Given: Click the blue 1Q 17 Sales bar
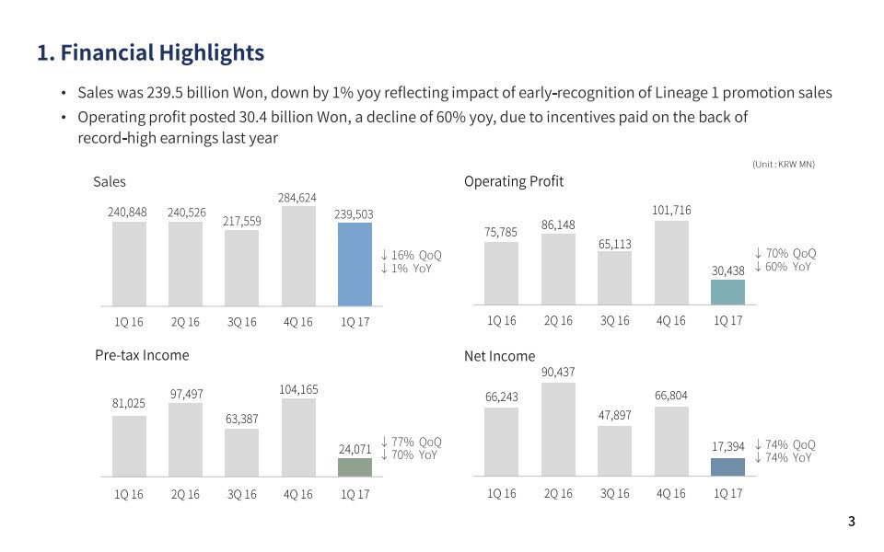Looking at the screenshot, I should tap(355, 264).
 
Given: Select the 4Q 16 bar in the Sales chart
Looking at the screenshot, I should tap(297, 256).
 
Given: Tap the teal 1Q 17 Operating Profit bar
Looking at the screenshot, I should tap(727, 292).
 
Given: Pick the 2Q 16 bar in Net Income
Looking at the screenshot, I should tap(558, 430).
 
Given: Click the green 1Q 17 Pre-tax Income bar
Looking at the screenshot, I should tap(355, 467).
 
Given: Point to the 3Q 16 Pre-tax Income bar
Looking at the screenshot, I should tap(241, 453).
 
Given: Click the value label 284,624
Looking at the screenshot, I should tap(297, 198).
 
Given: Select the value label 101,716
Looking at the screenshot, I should tap(671, 211).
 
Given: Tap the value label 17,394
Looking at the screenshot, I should tap(727, 446).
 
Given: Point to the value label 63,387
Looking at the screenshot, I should tap(241, 419).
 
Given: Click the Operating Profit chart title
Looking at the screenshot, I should tap(514, 181).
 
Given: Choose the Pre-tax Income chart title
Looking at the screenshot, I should tap(142, 355).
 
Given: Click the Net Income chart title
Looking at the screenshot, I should tap(499, 356).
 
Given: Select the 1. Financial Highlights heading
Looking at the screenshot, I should tap(150, 52).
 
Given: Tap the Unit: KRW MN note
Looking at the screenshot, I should tap(784, 164).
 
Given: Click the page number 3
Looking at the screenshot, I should tap(851, 522).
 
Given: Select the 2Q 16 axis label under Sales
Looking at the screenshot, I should tap(185, 322).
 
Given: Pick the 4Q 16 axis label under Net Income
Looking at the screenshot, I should tap(671, 493).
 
